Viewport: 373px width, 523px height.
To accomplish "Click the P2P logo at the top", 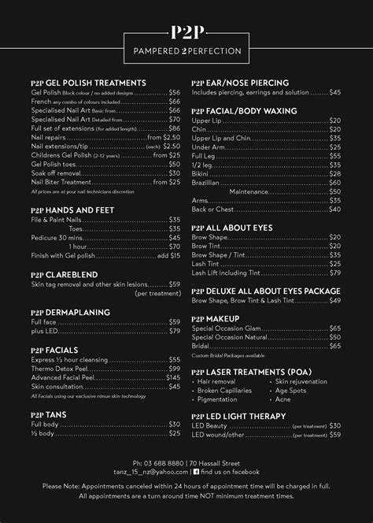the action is (x=186, y=32).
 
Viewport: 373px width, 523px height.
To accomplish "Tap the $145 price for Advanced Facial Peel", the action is (x=172, y=377).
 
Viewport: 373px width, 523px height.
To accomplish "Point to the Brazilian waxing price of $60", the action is (x=334, y=181).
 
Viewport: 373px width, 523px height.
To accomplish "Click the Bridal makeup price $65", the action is (x=334, y=346).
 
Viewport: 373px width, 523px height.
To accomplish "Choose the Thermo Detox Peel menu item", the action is (x=59, y=368).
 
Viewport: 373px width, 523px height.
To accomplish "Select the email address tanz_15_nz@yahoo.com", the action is (x=157, y=472).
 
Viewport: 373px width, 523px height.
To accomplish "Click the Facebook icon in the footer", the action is (x=196, y=472).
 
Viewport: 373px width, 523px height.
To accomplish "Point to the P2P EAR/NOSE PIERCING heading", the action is (x=240, y=83).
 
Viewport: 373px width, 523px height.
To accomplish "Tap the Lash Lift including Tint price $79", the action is (x=334, y=273).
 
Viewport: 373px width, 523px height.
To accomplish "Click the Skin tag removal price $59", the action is (x=174, y=284).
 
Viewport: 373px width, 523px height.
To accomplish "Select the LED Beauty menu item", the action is (x=213, y=425).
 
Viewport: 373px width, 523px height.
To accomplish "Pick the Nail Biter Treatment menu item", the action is (x=61, y=182).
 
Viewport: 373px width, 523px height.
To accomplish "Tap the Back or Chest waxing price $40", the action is (x=334, y=210).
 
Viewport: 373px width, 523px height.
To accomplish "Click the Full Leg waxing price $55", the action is (x=334, y=156).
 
